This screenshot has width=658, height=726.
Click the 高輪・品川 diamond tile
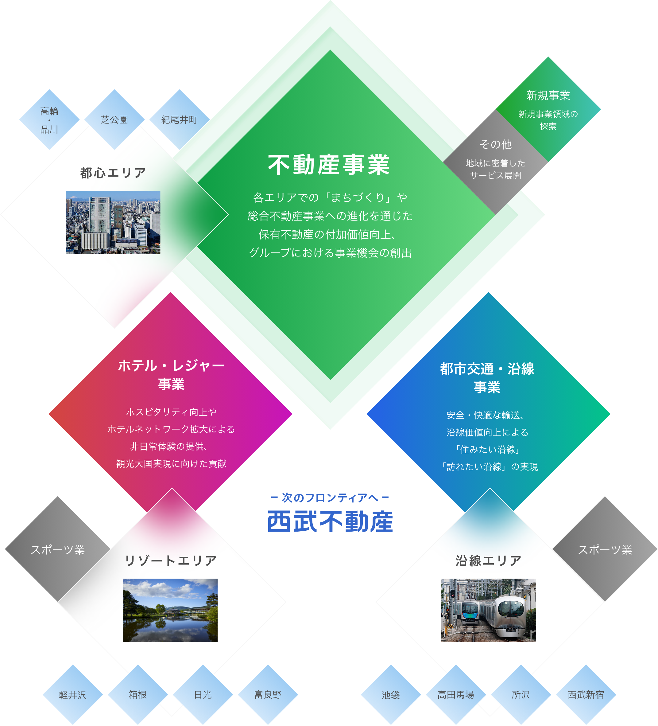(49, 120)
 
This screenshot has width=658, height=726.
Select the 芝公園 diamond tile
(114, 119)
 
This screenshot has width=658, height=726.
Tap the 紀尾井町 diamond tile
(179, 119)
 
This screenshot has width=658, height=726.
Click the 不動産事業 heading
(329, 165)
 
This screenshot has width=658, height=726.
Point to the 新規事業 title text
(548, 96)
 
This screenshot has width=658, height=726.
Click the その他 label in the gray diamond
(495, 144)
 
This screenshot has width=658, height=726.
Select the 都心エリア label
(113, 173)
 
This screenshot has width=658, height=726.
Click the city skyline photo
(113, 223)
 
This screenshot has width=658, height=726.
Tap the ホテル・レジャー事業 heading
(171, 375)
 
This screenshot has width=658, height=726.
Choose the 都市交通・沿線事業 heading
(487, 378)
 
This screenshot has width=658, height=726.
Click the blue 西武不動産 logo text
(330, 521)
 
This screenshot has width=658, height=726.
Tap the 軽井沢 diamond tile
(73, 695)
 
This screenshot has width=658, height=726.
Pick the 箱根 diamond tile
(138, 695)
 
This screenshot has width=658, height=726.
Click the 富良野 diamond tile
(268, 695)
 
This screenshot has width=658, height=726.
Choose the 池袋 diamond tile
(391, 695)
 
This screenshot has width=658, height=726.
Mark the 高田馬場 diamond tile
(456, 695)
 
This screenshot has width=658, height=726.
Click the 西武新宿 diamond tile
(586, 695)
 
